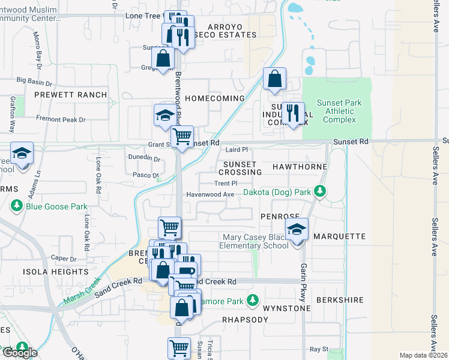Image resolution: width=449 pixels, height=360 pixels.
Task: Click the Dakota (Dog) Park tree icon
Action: tap(321, 191)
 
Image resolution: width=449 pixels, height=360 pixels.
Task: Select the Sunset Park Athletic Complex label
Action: tap(339, 111)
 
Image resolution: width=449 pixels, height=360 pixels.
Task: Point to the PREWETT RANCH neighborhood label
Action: tap(70, 95)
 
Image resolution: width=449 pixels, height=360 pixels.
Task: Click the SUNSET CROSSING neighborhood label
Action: tap(240, 168)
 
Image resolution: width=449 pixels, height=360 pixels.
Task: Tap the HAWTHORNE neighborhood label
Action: tap(300, 166)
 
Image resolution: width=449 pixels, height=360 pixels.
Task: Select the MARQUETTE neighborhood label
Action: tap(339, 236)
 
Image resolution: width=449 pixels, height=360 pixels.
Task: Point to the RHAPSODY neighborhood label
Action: tap(245, 320)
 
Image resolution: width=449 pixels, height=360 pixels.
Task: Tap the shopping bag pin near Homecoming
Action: tap(274, 79)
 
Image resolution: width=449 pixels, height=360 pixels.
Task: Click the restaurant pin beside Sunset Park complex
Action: tap(293, 113)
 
